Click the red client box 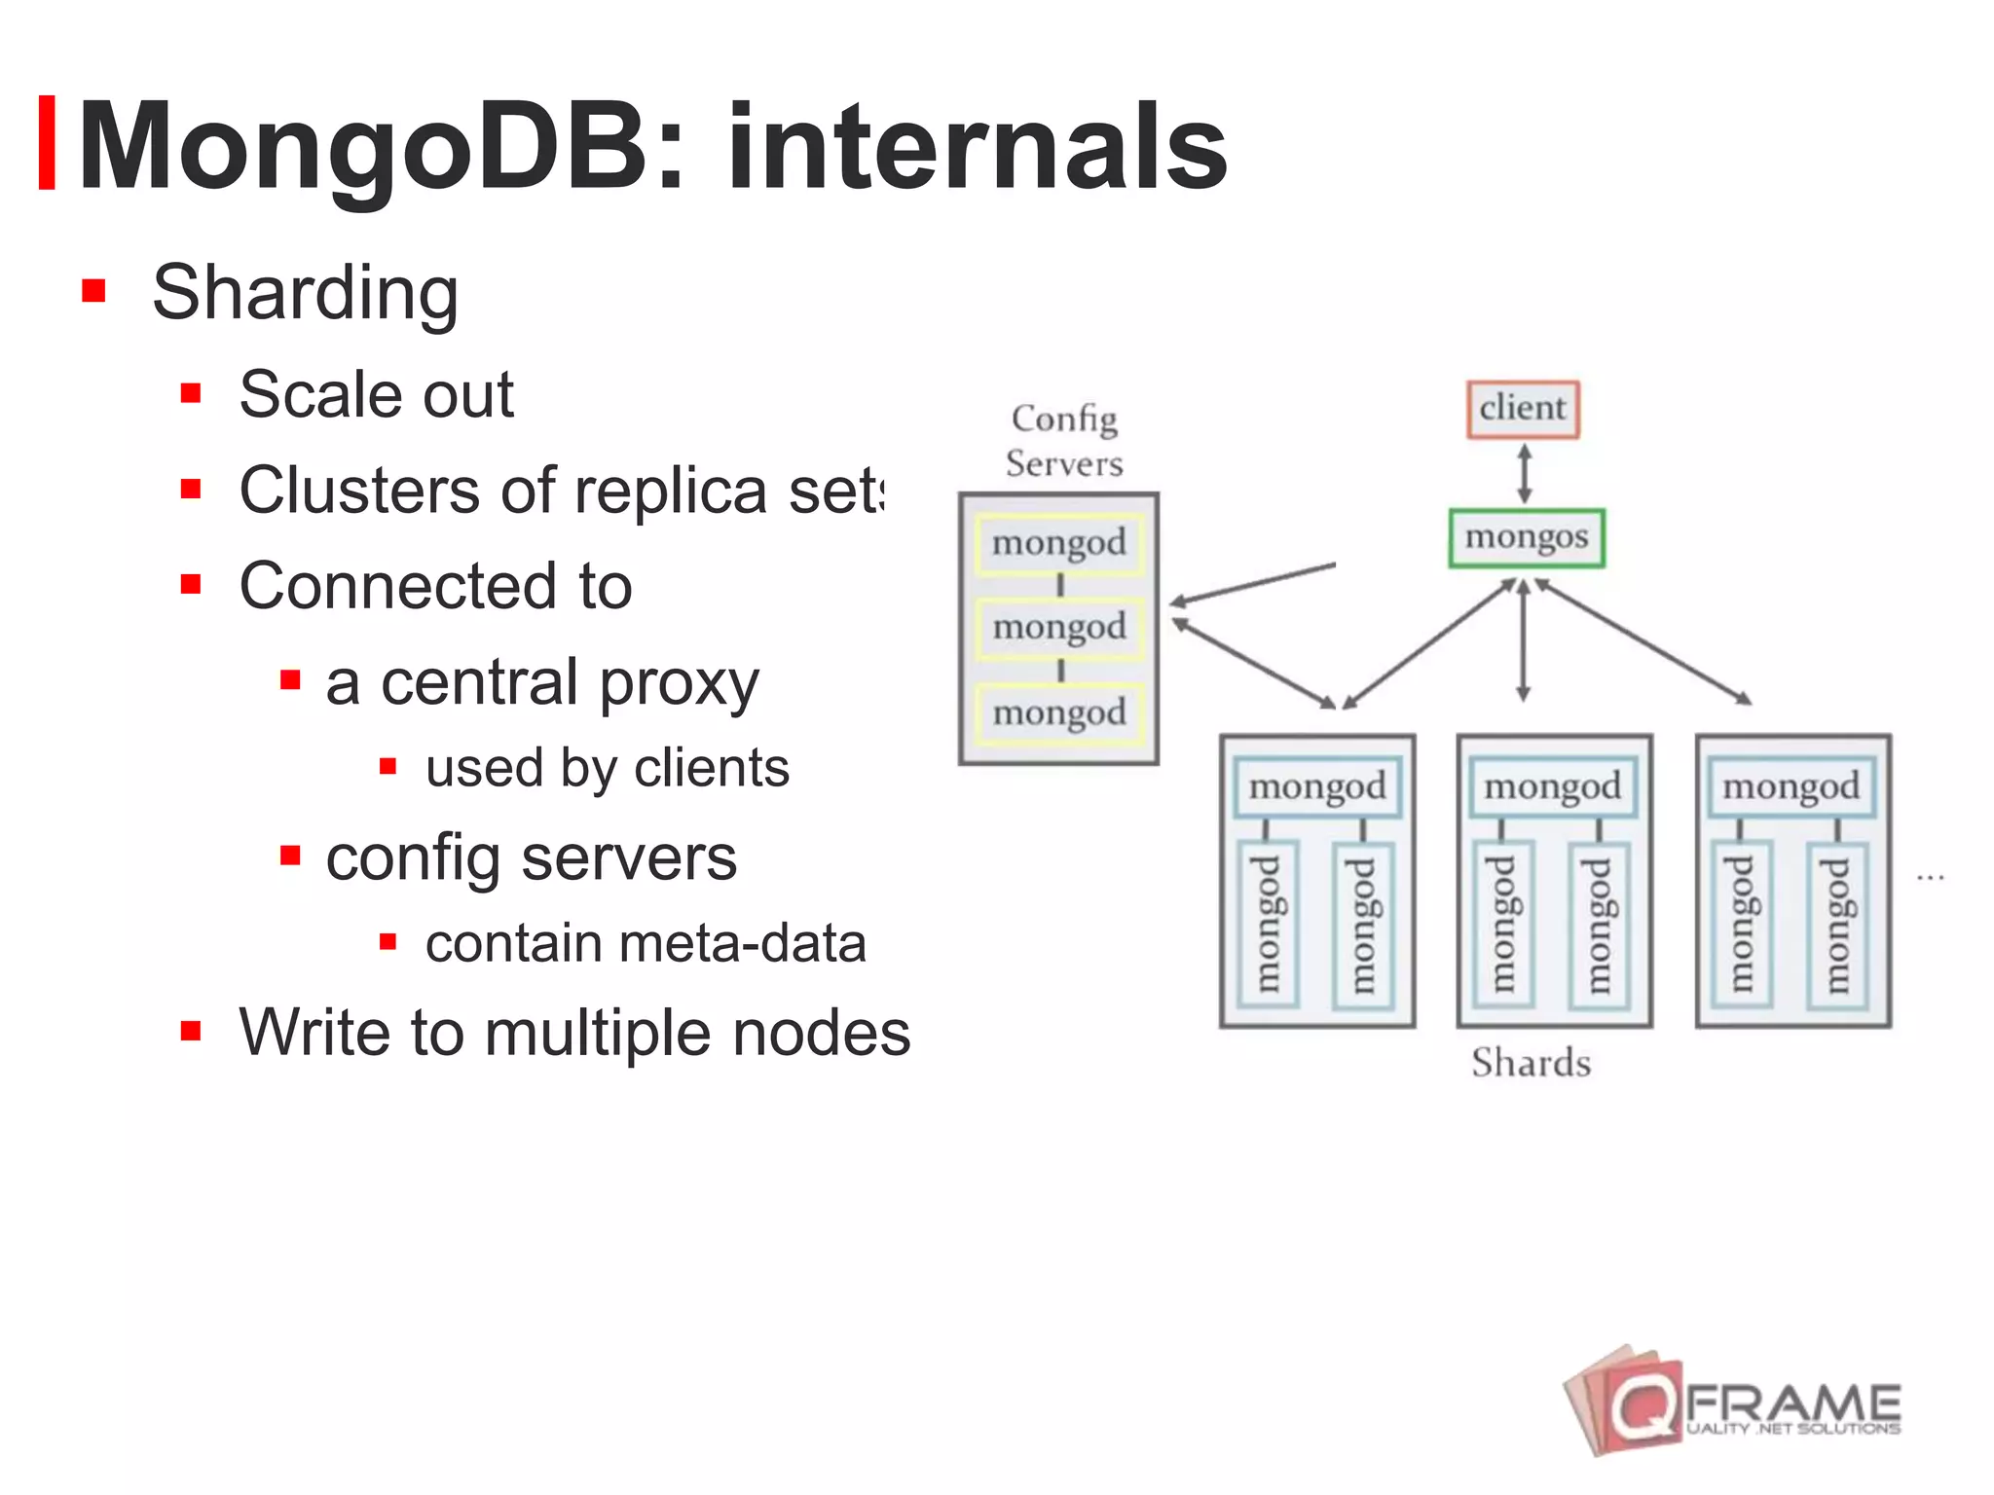click(x=1523, y=409)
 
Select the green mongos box click(x=1526, y=537)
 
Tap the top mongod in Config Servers click(x=1059, y=543)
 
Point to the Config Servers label click(x=1064, y=441)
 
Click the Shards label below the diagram click(x=1531, y=1063)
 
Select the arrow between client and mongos click(x=1525, y=474)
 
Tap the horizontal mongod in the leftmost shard click(x=1317, y=786)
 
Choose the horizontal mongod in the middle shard click(x=1553, y=786)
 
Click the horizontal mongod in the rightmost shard click(x=1791, y=786)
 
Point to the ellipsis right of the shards click(x=1930, y=878)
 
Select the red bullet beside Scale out click(x=191, y=394)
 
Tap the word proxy click(x=679, y=683)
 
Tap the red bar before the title click(x=46, y=143)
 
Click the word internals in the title click(x=977, y=148)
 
